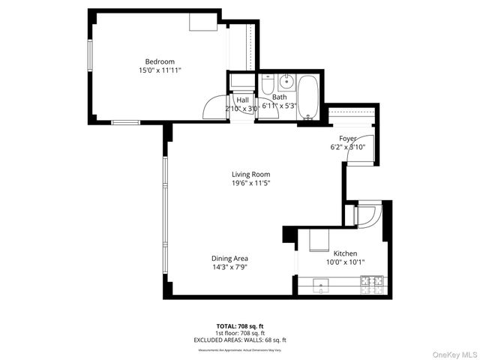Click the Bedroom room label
click(x=160, y=61)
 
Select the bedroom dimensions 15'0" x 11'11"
click(x=160, y=70)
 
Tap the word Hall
click(x=242, y=100)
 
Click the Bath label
click(x=279, y=97)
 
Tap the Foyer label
click(x=347, y=139)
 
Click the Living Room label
click(x=250, y=174)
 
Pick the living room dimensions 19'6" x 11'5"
click(x=250, y=182)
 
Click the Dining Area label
click(x=229, y=258)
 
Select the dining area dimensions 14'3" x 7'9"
click(x=229, y=266)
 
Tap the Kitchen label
click(x=345, y=253)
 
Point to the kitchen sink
click(x=321, y=283)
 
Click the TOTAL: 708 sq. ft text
click(x=240, y=326)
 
